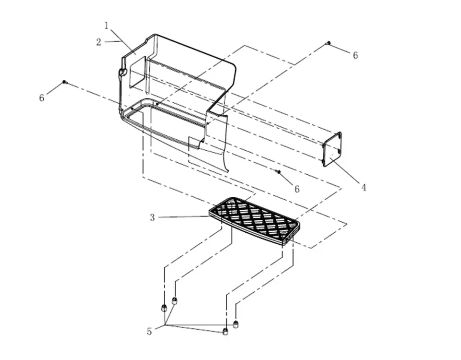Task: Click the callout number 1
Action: coord(107,25)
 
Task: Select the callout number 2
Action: coord(99,42)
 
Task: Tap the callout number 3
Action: coord(152,217)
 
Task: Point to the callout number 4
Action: coord(364,187)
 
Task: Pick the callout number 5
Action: coord(149,332)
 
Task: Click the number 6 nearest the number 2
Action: coord(42,97)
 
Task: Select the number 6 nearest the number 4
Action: coord(297,189)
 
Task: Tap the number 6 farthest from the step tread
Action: coord(355,55)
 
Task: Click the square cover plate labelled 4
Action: coord(332,149)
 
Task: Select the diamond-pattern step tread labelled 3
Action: coord(255,221)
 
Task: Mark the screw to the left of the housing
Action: coord(64,82)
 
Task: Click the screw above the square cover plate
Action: coord(328,43)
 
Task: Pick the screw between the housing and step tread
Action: coord(279,172)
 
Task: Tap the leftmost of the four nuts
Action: coord(163,308)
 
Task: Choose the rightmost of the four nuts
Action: coord(235,324)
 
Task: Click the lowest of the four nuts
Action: coord(226,332)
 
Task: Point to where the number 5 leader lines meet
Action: coord(166,325)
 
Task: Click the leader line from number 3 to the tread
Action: coord(183,217)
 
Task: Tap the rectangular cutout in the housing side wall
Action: coord(138,72)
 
